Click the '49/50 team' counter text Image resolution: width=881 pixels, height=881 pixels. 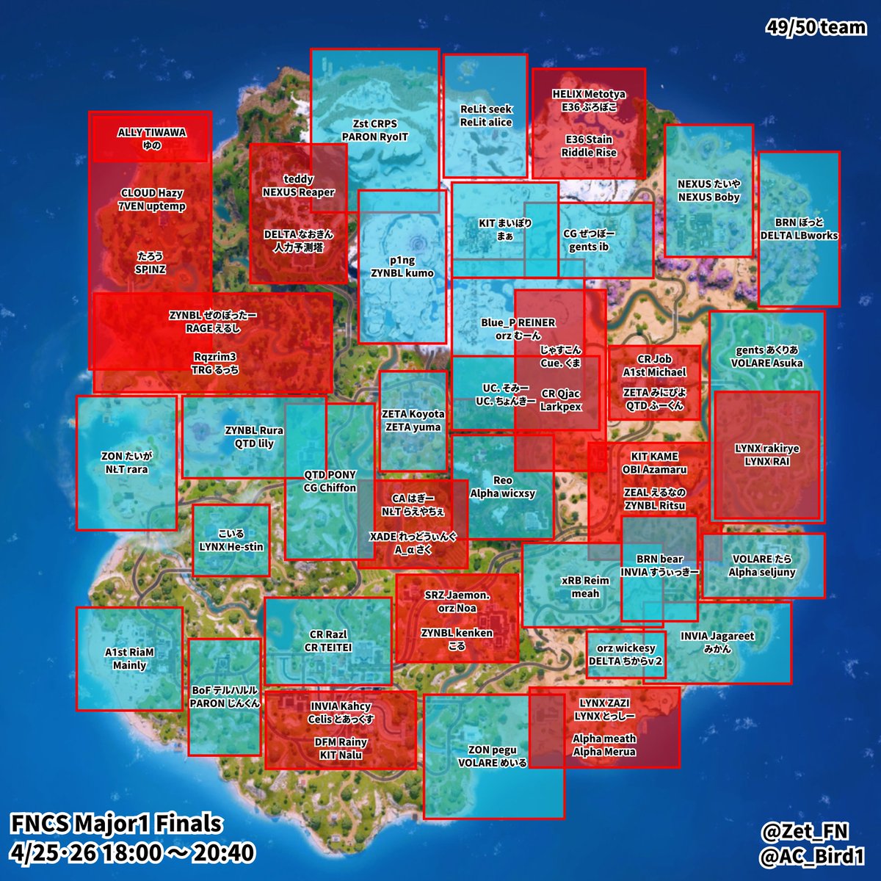[x=816, y=28]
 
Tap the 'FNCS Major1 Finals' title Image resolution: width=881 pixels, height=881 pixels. [x=116, y=824]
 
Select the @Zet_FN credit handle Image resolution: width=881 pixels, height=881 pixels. [x=805, y=831]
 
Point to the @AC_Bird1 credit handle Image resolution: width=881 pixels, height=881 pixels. [x=813, y=855]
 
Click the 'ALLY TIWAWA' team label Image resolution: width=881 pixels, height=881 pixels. [x=152, y=133]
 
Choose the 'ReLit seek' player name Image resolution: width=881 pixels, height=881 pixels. [x=486, y=109]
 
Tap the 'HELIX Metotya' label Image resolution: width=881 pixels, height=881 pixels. [x=589, y=95]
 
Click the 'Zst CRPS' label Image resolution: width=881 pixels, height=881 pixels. [x=374, y=124]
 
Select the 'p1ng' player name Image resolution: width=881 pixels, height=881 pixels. [x=402, y=260]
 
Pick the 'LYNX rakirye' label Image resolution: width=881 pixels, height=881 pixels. [x=766, y=449]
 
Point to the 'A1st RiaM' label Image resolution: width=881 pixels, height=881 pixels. [x=129, y=652]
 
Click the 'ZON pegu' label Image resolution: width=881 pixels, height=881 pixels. [x=493, y=750]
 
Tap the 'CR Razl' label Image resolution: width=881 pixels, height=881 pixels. [x=328, y=634]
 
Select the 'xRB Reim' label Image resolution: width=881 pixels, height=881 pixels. [x=585, y=580]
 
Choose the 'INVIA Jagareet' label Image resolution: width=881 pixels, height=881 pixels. [x=717, y=637]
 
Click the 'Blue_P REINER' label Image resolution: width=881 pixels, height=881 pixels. [x=518, y=322]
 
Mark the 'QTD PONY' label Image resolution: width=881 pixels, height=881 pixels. [x=330, y=474]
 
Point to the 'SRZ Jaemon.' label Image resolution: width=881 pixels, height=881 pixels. [x=457, y=595]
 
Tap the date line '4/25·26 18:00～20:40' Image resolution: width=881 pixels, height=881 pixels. [x=133, y=853]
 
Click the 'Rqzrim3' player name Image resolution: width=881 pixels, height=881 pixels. [x=215, y=357]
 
